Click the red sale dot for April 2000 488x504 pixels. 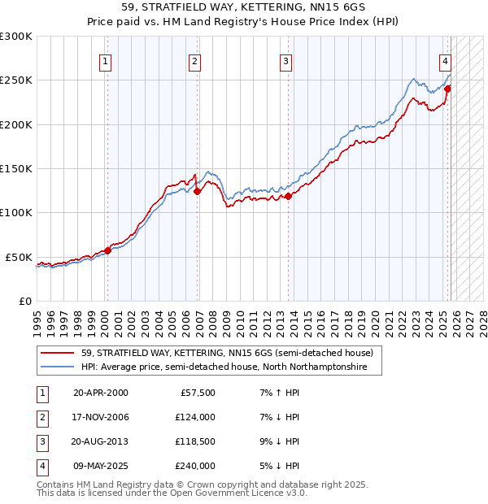(107, 250)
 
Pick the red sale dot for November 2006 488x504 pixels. (197, 191)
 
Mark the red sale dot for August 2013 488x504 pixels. (288, 196)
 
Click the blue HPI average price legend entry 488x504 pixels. (224, 367)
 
